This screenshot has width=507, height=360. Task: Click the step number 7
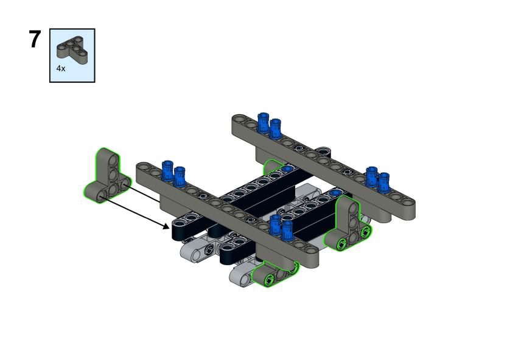[x=35, y=40]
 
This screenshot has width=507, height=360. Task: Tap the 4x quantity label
[x=61, y=69]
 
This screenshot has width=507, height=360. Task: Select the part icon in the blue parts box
[x=72, y=50]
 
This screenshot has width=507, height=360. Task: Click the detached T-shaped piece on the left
[x=107, y=176]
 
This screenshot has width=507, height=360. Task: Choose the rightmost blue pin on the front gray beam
[x=287, y=230]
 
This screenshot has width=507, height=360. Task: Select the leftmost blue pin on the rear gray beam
[x=263, y=122]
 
